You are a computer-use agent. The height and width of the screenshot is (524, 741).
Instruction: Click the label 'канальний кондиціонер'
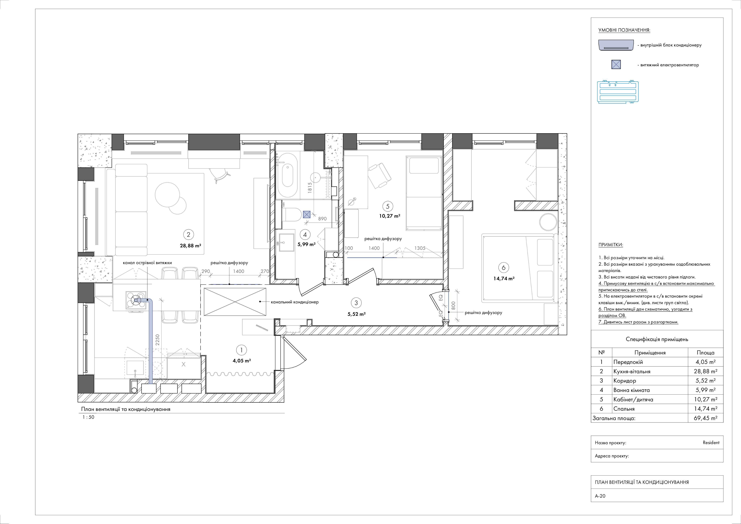[x=295, y=302]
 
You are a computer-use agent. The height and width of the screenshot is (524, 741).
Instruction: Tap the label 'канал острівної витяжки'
[x=147, y=263]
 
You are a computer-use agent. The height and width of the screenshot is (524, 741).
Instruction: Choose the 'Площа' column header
[x=706, y=353]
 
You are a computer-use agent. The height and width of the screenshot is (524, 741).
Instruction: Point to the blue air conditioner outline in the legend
[x=618, y=92]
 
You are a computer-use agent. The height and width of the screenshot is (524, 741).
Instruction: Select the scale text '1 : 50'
[x=88, y=417]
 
